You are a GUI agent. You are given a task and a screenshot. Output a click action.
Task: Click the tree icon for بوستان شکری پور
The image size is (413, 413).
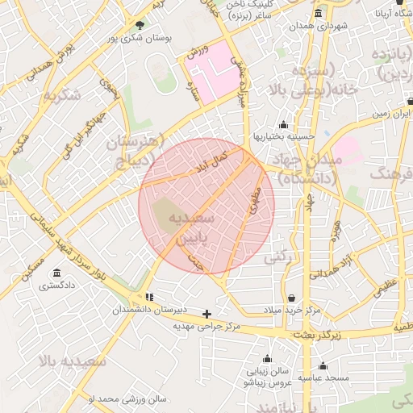140,25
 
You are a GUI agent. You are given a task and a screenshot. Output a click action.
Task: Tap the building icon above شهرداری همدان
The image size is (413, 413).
318,14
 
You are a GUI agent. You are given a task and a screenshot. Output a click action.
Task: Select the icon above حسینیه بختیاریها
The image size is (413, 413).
283,125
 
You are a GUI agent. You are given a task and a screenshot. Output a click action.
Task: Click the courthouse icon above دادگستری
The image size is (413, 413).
56,273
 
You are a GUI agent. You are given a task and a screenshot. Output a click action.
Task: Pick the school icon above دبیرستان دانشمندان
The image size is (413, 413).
148,298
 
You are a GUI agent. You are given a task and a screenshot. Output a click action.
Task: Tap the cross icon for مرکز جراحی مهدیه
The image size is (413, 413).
206,314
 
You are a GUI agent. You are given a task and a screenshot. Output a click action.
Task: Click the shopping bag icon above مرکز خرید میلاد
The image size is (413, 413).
290,298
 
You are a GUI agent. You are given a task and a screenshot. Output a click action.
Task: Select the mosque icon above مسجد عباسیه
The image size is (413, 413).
323,365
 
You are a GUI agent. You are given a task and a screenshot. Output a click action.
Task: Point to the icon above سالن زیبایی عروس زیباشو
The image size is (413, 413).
267,359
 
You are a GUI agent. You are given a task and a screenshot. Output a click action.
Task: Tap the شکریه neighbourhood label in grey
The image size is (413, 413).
63,95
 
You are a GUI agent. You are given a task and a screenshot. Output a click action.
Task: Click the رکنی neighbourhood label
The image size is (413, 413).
277,257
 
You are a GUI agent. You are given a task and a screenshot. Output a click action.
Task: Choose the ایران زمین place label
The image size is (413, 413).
392,115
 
